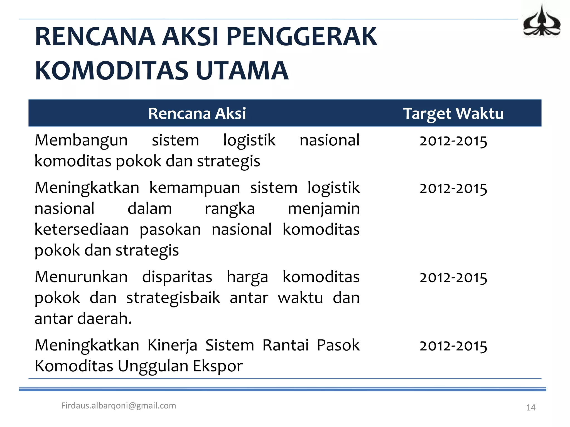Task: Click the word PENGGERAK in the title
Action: point(301,37)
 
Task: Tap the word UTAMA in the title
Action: point(242,71)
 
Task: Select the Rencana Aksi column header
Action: point(197,113)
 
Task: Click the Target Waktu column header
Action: point(453,113)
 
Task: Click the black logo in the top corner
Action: point(541,22)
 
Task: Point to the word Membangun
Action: point(81,140)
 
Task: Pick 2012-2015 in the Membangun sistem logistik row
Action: point(453,141)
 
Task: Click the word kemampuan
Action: point(195,188)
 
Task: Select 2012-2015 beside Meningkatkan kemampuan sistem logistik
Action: point(453,188)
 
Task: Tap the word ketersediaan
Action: point(82,230)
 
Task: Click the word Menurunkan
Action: point(81,277)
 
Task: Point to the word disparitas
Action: point(177,277)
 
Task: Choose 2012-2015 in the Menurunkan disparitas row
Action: point(453,278)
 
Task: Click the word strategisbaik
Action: point(173,298)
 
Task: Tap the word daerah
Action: point(104,319)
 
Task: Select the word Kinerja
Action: point(172,345)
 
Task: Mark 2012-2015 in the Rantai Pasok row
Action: point(453,346)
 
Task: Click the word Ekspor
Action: point(218,366)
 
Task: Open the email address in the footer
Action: point(119,406)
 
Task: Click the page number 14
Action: point(531,408)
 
